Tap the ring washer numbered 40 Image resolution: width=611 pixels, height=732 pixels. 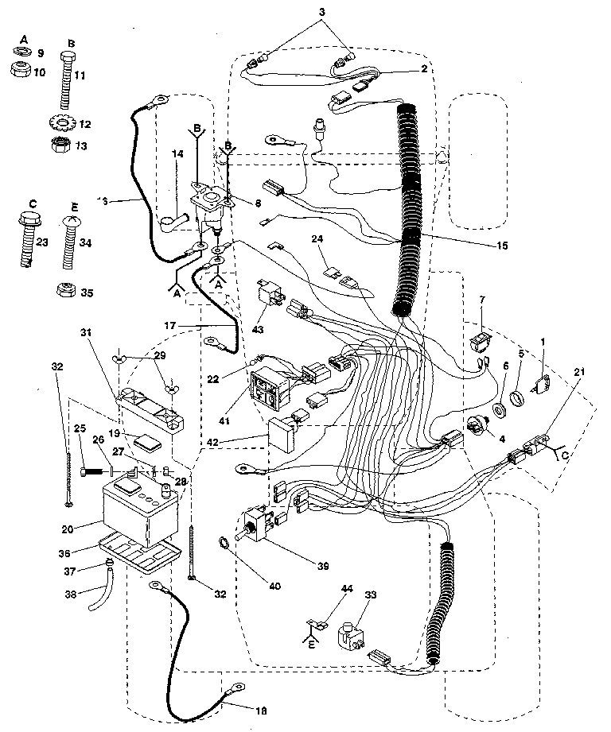[x=225, y=544]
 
